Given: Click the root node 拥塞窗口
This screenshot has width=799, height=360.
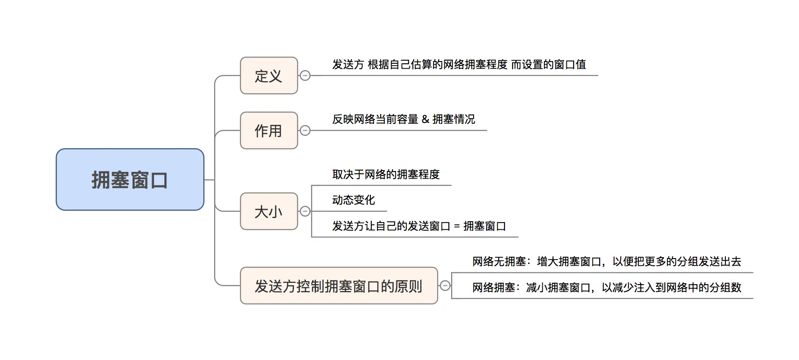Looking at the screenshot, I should (x=130, y=180).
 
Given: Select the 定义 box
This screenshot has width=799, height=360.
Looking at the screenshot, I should (x=268, y=76).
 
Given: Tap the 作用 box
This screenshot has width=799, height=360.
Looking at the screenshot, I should (x=268, y=131).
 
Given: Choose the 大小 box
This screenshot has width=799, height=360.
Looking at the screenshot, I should (x=268, y=211).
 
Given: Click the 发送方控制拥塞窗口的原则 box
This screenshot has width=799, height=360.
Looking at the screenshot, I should (x=338, y=286).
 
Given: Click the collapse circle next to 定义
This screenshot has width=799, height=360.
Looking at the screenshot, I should (x=305, y=76).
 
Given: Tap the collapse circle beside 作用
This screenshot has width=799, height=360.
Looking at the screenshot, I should (x=305, y=131).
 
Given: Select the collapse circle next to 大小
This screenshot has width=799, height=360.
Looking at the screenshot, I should (x=305, y=211).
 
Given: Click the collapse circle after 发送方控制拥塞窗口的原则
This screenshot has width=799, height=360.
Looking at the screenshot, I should (x=445, y=285).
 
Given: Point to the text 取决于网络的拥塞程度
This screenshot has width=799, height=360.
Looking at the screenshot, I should (x=386, y=174).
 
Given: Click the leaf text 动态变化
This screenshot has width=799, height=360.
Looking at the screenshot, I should (x=353, y=200).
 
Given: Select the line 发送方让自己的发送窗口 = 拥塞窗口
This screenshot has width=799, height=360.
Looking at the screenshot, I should (x=419, y=226).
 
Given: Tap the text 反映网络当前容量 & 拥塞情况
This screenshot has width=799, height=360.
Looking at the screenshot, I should (x=403, y=119).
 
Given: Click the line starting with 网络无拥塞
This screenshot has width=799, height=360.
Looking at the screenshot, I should (x=606, y=261).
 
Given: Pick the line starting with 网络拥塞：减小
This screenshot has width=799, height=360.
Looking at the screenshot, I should (x=606, y=287).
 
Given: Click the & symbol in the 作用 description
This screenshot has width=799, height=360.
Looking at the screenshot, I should (x=425, y=119).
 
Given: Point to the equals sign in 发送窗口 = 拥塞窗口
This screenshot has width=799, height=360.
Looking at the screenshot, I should (x=457, y=226).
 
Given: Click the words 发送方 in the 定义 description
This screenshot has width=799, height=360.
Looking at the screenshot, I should (x=348, y=64).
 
